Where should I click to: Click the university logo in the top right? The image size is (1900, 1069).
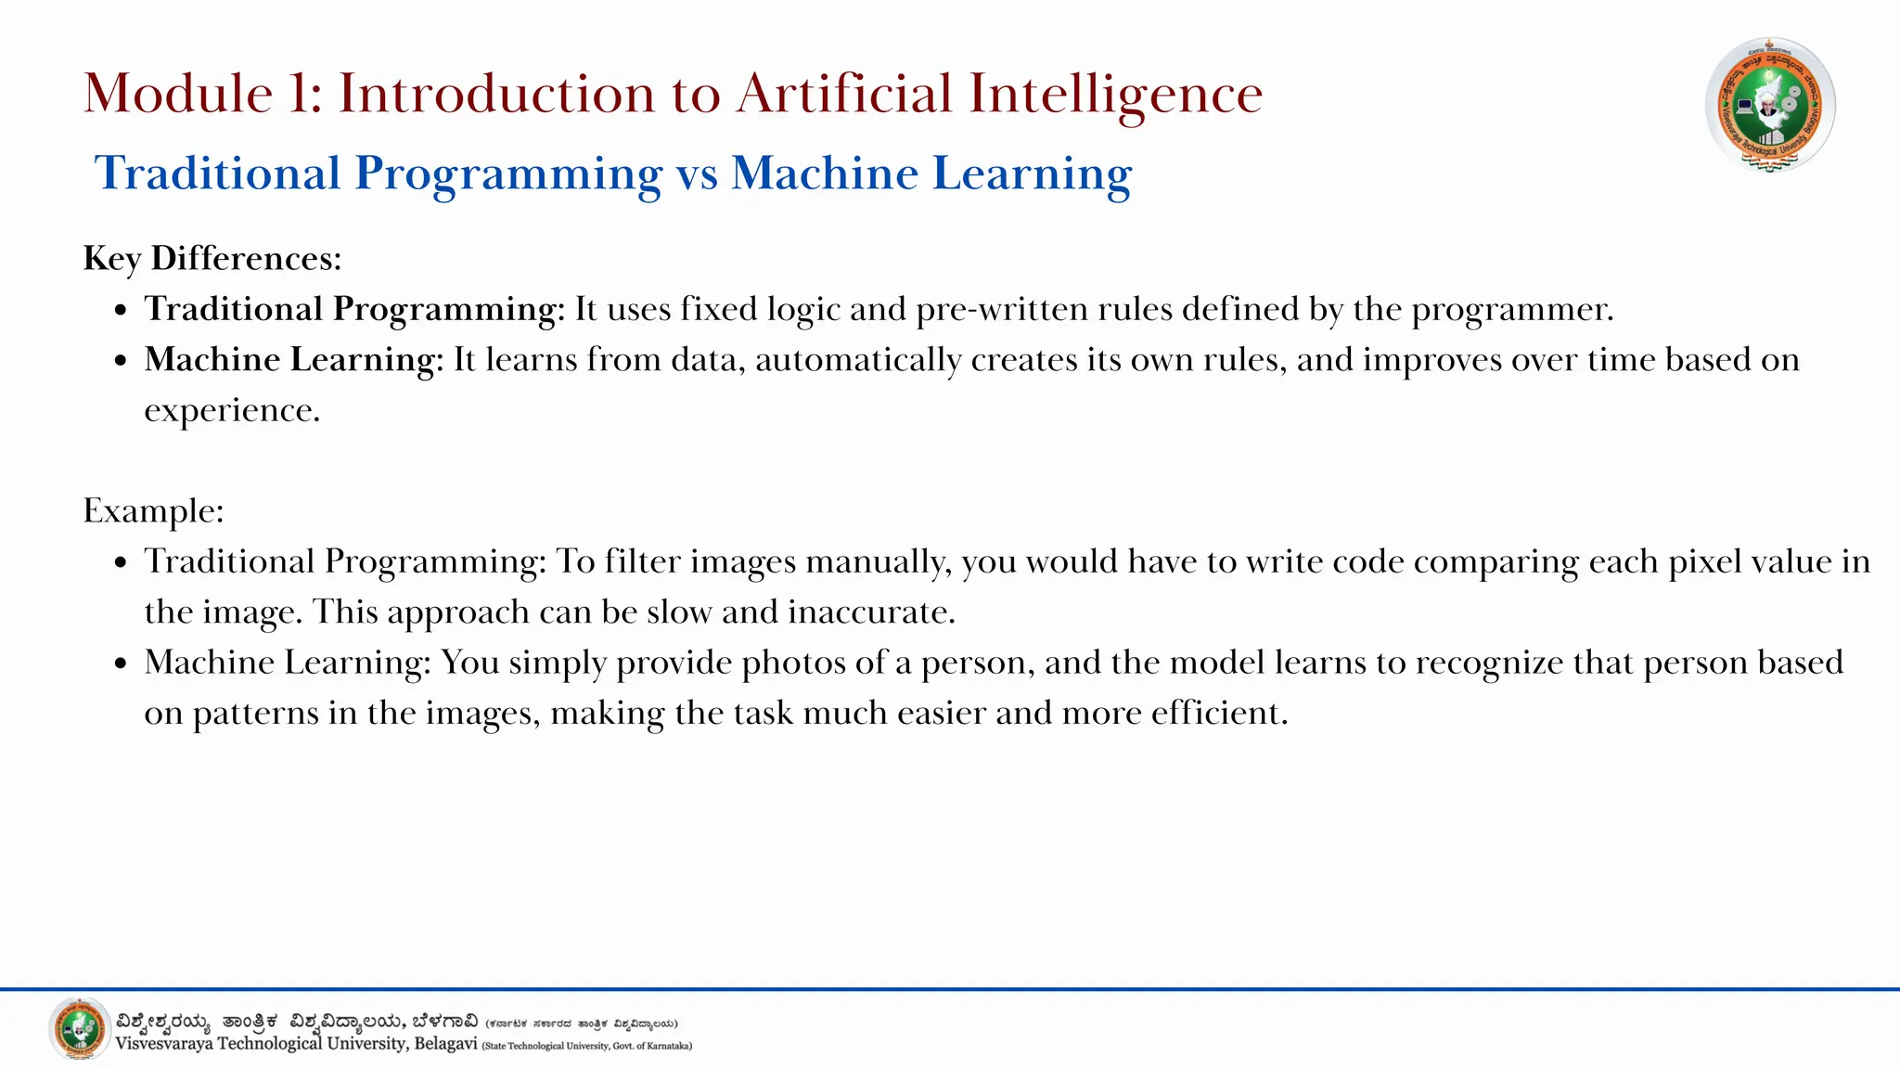coord(1770,105)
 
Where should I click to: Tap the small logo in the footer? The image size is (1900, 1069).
coord(79,1029)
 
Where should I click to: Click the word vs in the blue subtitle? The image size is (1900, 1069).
coord(697,174)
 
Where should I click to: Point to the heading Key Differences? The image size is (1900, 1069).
coord(212,258)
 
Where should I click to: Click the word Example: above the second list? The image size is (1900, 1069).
coord(153,510)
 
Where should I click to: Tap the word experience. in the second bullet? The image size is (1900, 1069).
coord(232,410)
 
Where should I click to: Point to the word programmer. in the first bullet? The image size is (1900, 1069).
coord(1512,309)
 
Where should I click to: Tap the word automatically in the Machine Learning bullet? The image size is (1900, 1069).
coord(858,360)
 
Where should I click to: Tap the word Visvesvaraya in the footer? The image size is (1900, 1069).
coord(163,1044)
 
